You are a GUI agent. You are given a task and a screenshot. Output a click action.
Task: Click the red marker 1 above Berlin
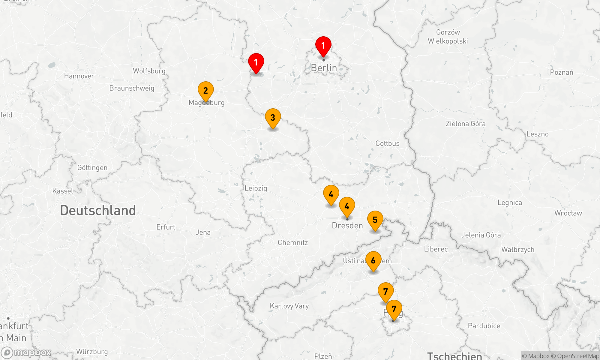(323, 46)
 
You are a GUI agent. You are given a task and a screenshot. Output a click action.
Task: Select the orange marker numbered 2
(205, 90)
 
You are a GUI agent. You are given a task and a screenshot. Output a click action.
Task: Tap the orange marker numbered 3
(273, 118)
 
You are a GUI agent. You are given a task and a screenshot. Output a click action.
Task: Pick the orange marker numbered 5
(375, 220)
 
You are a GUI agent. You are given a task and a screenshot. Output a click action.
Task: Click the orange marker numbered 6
(373, 260)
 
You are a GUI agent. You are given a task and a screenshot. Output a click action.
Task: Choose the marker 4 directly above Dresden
(347, 206)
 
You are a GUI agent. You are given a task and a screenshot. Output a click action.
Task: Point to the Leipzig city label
(256, 188)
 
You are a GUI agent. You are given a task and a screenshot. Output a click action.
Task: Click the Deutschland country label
(98, 210)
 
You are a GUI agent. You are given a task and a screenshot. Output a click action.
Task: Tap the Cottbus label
(387, 143)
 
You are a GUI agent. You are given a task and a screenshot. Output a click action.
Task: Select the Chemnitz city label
(292, 242)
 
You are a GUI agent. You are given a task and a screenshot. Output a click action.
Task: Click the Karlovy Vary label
(289, 306)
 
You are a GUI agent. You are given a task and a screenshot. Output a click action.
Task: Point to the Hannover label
(79, 76)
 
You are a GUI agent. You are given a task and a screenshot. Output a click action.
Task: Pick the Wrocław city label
(568, 213)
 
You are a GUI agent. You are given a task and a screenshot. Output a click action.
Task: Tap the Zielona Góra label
(465, 124)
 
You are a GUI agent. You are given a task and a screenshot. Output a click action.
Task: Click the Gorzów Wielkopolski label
(448, 37)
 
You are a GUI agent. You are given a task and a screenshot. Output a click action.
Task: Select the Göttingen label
(92, 168)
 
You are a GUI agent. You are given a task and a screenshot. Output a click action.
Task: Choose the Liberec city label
(436, 249)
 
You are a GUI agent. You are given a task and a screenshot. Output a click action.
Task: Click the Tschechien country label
(454, 356)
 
